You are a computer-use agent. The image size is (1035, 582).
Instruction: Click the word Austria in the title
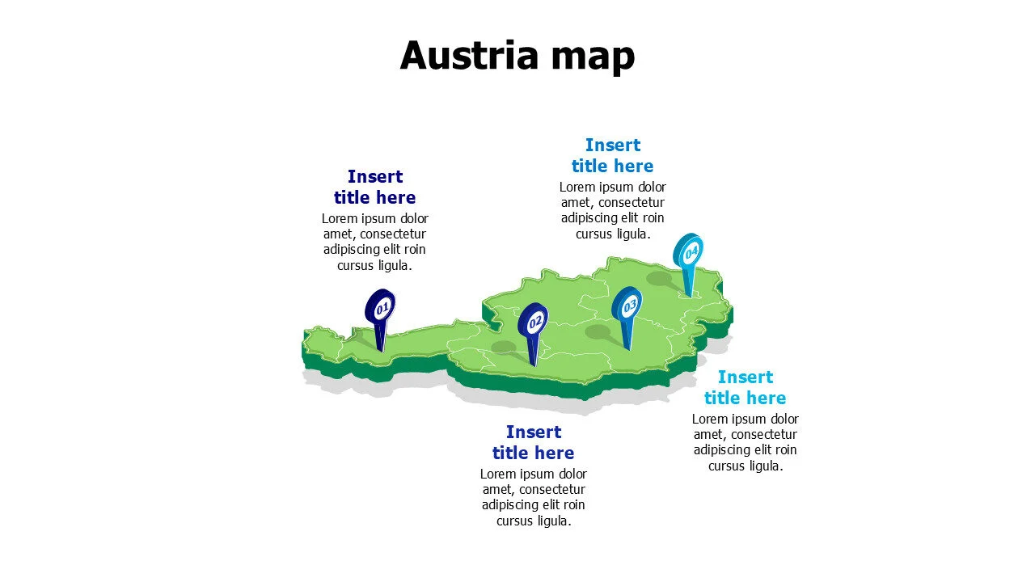click(469, 55)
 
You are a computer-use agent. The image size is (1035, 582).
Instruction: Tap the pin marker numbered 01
click(379, 307)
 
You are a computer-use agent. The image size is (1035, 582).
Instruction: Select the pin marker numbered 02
click(533, 323)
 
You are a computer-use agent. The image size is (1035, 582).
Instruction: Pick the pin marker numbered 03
click(627, 306)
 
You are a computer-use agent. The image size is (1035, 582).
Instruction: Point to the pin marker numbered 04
click(688, 252)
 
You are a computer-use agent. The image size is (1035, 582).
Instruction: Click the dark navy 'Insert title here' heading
click(374, 187)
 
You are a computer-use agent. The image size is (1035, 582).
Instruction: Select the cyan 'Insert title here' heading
click(745, 387)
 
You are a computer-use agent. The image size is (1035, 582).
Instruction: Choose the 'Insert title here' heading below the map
click(533, 442)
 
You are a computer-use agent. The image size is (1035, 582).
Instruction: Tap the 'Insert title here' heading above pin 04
click(612, 155)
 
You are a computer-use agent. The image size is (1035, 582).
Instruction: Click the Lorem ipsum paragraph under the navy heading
click(374, 242)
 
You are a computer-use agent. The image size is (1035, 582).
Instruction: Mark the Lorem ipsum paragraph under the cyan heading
click(745, 442)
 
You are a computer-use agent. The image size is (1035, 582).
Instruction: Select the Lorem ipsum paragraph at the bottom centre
click(533, 497)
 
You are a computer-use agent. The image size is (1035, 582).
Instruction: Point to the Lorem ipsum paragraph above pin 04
click(612, 210)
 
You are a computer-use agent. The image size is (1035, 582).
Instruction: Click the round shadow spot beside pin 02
click(503, 348)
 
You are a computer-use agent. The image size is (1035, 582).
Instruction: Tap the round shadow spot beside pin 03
click(598, 332)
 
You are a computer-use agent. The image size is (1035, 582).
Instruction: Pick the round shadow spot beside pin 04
click(659, 279)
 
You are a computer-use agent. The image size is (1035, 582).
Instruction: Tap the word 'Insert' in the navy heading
click(374, 176)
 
